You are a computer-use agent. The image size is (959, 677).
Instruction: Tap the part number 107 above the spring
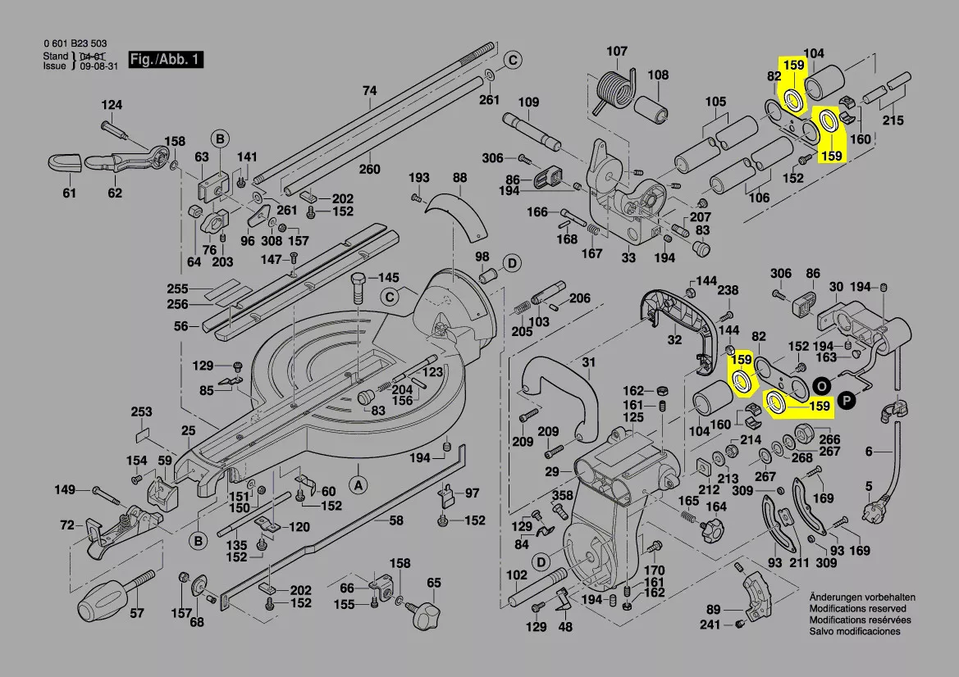617,52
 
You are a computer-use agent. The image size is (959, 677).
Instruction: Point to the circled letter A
358,484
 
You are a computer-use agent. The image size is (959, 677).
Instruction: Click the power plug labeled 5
872,514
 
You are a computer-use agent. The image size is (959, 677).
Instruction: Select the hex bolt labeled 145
359,287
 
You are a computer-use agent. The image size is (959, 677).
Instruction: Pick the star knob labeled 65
427,611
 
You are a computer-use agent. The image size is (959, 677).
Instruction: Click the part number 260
370,170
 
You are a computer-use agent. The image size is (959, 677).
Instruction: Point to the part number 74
370,91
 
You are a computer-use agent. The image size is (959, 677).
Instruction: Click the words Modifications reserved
857,609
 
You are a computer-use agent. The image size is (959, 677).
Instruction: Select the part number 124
112,105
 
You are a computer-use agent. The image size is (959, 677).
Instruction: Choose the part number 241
710,625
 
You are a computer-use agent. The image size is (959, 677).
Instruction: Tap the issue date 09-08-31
98,66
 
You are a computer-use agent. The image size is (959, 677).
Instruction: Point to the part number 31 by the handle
589,363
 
